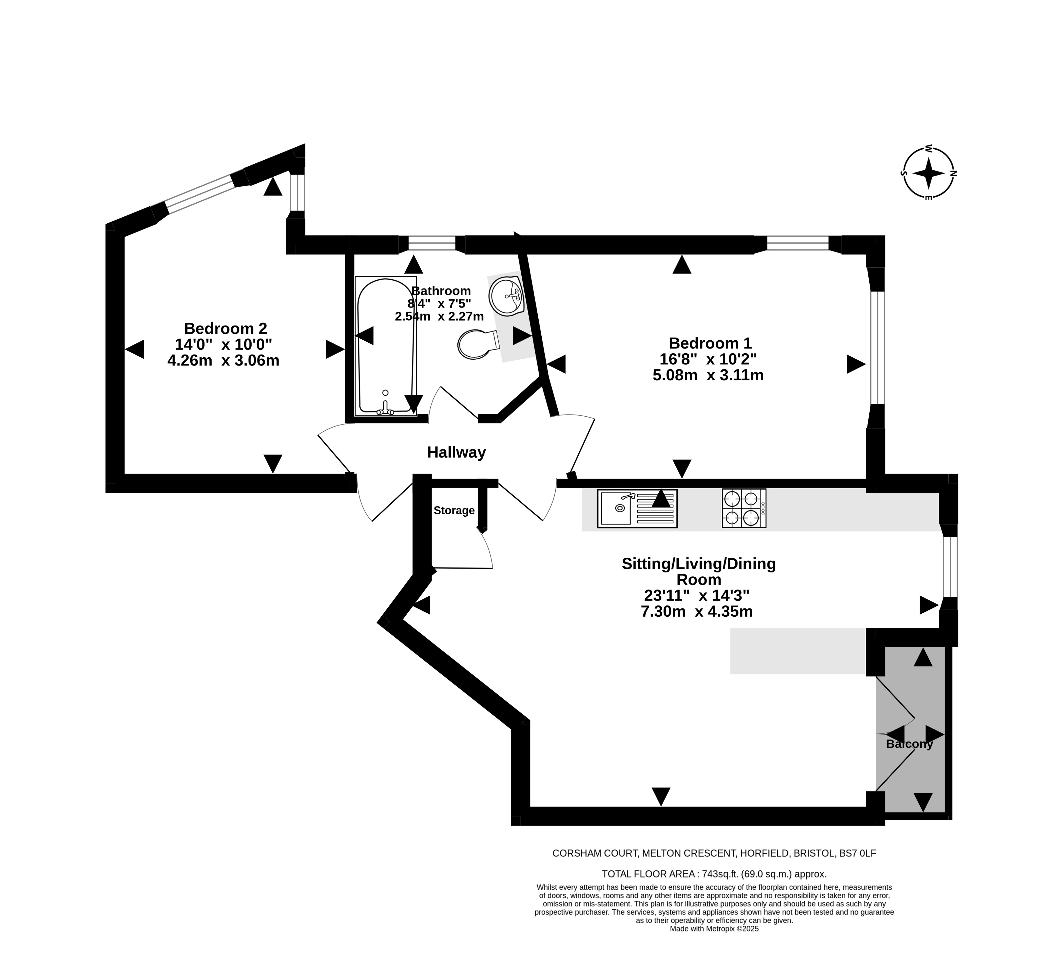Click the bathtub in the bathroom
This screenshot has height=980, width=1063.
386,346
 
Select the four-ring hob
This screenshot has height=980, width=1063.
744,508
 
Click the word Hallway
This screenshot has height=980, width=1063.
457,452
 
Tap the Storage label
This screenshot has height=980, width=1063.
454,511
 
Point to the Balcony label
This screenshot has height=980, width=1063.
909,744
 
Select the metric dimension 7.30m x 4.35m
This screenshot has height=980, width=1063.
697,612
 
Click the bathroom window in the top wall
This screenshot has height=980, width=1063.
432,243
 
